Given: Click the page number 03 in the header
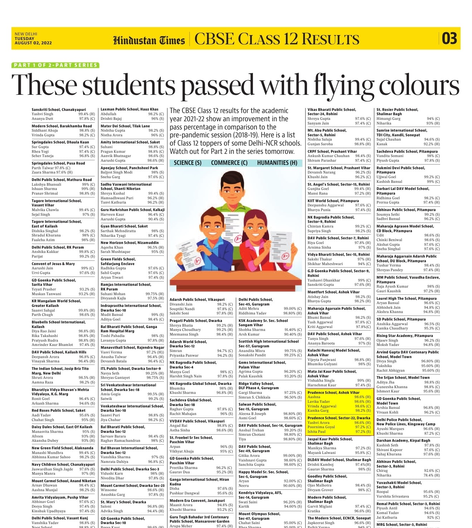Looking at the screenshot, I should (x=449, y=38).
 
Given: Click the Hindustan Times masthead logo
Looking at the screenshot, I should (x=149, y=40).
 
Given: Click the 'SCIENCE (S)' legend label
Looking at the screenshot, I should (x=188, y=163).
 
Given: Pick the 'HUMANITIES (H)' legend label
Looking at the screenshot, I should (x=277, y=163).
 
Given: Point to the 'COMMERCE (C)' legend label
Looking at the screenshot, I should (x=229, y=163).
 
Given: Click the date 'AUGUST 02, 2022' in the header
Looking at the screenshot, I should (x=33, y=43).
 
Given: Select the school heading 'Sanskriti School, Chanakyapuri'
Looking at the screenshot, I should (x=59, y=109).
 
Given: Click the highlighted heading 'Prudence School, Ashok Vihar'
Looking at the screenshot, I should (x=334, y=392).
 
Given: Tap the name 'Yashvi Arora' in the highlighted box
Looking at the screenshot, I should (x=318, y=422).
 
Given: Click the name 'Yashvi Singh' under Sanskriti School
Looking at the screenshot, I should (x=42, y=114).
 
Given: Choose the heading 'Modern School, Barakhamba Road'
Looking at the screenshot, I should (x=62, y=126).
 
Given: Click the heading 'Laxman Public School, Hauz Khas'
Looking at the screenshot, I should (x=129, y=109).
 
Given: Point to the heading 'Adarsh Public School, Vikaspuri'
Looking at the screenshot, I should (x=197, y=299).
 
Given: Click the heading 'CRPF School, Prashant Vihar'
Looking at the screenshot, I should (x=332, y=151).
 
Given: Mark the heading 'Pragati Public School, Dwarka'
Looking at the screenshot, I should (x=195, y=321).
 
